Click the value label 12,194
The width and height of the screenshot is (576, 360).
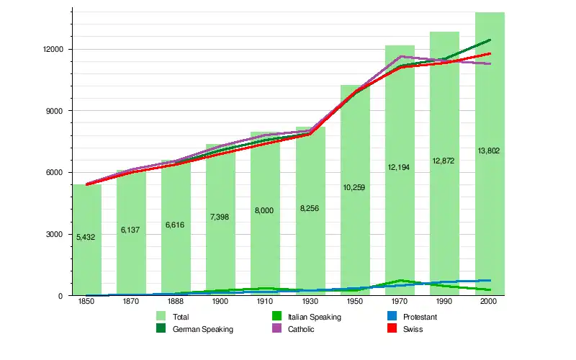click(400, 167)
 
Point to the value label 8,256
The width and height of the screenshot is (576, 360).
click(310, 209)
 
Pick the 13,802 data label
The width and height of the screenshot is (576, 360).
click(489, 151)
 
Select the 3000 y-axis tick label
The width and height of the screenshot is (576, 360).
click(56, 234)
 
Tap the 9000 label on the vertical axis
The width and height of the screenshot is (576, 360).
click(56, 111)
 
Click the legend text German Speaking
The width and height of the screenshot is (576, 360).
click(202, 329)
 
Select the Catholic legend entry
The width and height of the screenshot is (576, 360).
click(302, 329)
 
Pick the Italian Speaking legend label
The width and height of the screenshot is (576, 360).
click(314, 317)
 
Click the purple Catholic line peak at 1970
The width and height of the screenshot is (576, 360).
click(400, 56)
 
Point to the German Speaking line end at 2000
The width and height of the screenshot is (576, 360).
click(490, 40)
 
